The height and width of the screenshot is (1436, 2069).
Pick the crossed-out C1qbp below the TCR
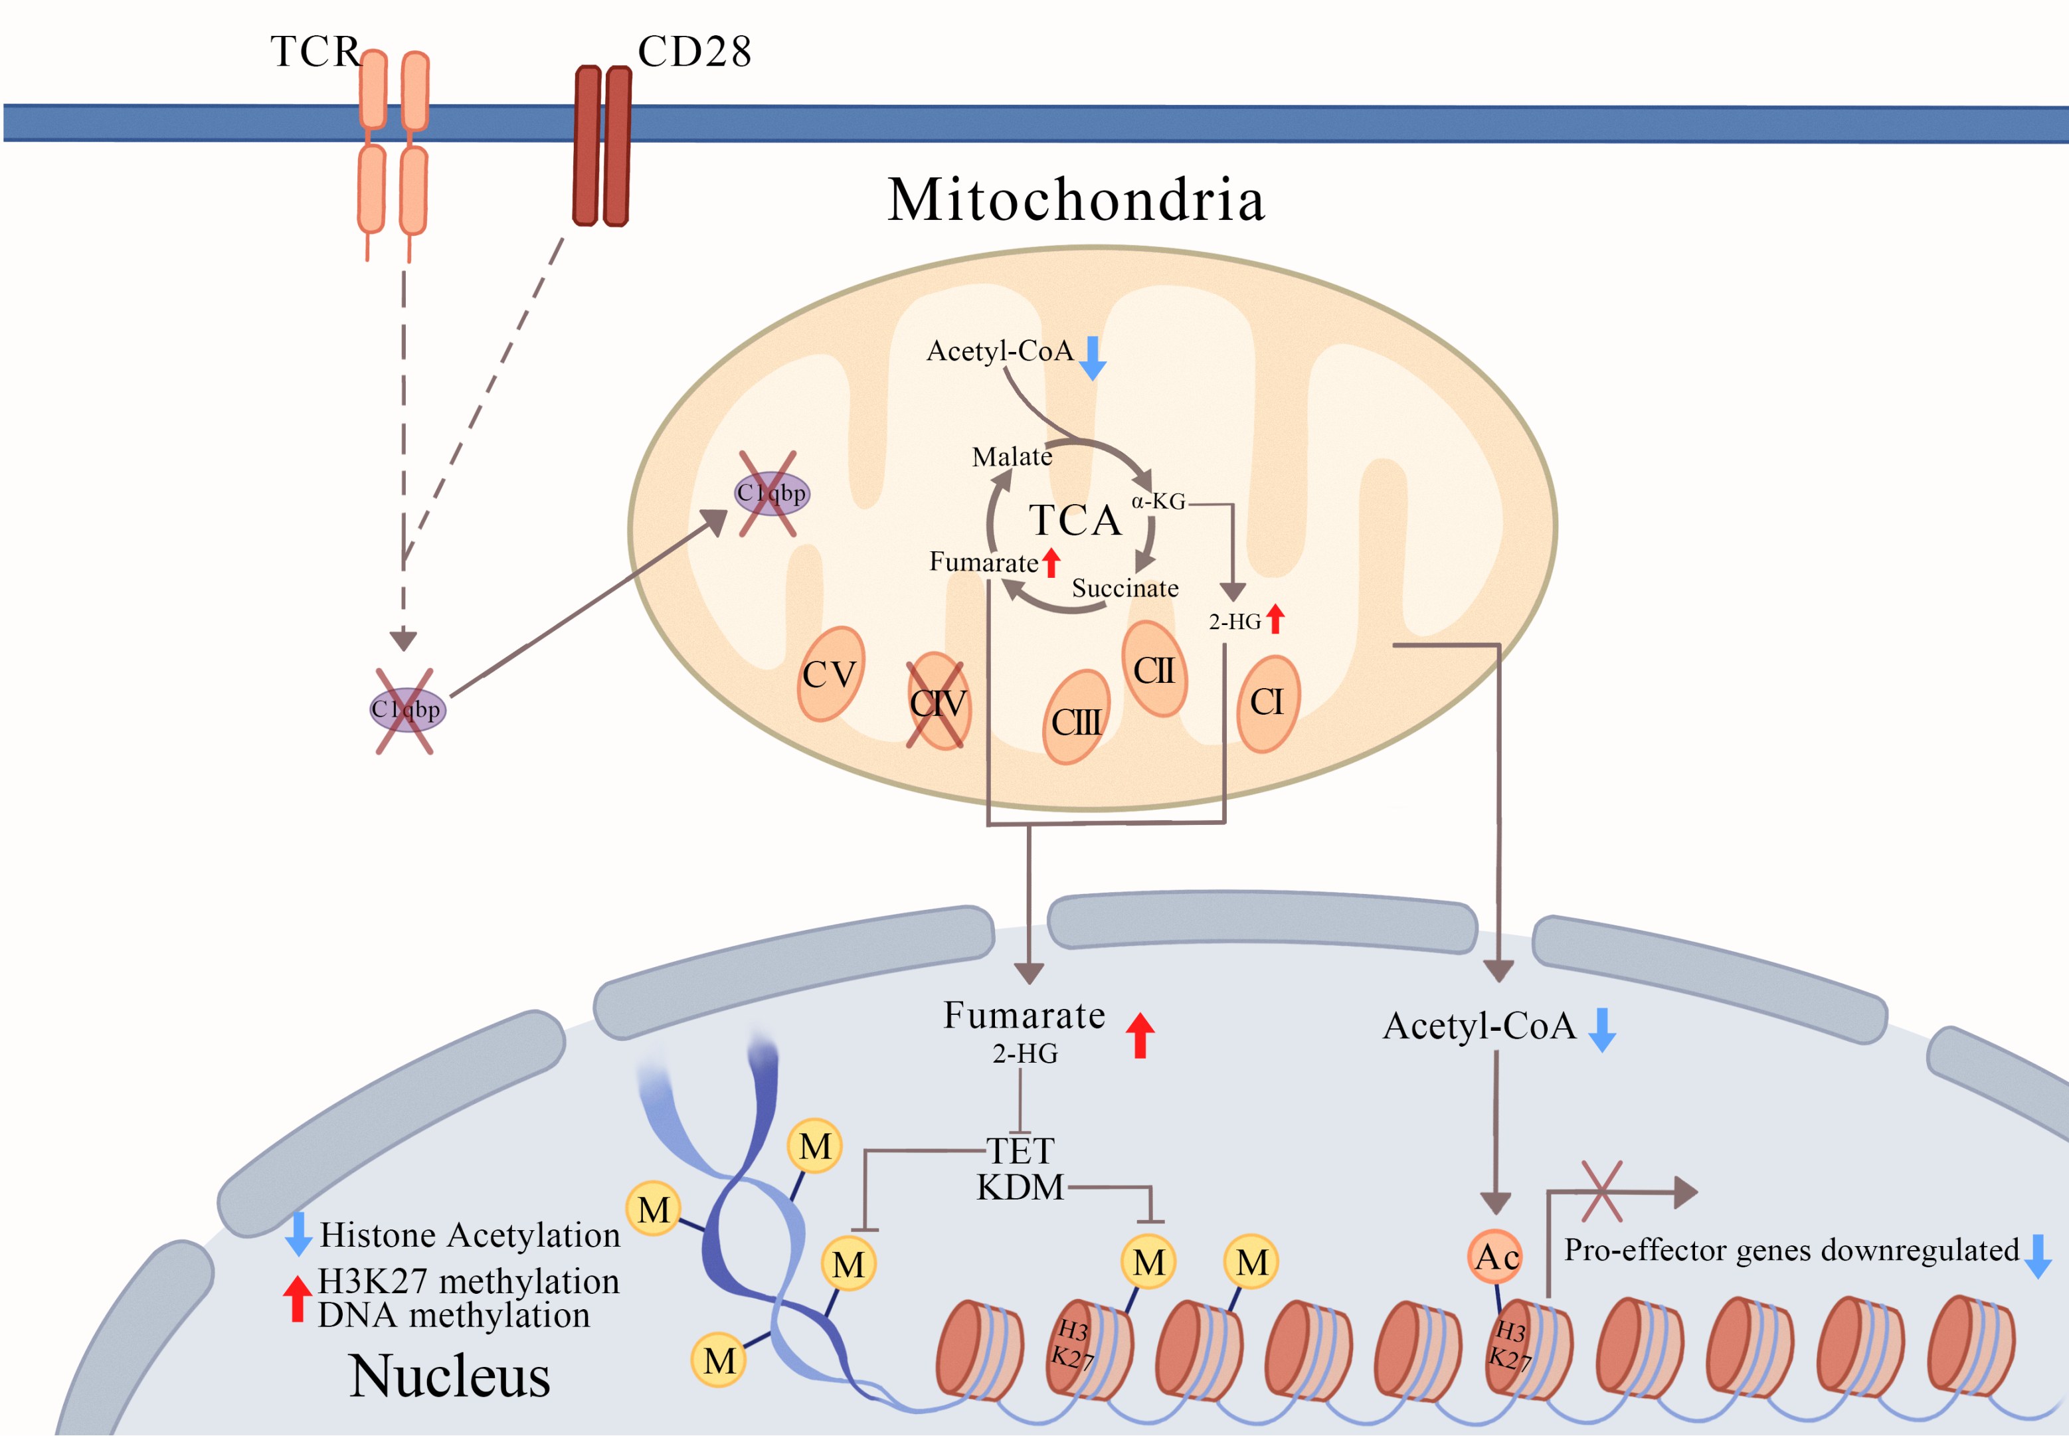point(406,710)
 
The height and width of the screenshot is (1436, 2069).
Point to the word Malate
point(1012,457)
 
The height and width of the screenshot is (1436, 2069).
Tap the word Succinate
point(1124,588)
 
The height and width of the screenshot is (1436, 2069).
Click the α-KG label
point(1158,501)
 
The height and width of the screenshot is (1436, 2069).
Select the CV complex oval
point(830,674)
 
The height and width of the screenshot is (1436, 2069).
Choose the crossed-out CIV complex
point(937,703)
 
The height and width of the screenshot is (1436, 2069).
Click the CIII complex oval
point(1076,719)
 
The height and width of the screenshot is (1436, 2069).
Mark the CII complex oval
point(1154,670)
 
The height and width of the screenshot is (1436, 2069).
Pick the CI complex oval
point(1267,703)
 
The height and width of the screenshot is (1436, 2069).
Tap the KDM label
point(1020,1188)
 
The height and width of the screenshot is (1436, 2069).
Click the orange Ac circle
point(1495,1257)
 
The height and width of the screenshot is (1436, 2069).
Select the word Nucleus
point(449,1377)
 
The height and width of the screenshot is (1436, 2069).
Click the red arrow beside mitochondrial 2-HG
point(1275,619)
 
